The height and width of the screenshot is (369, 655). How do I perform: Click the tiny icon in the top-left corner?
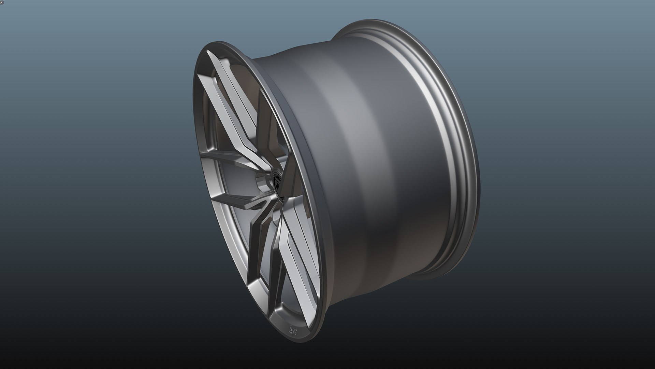click(2, 2)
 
